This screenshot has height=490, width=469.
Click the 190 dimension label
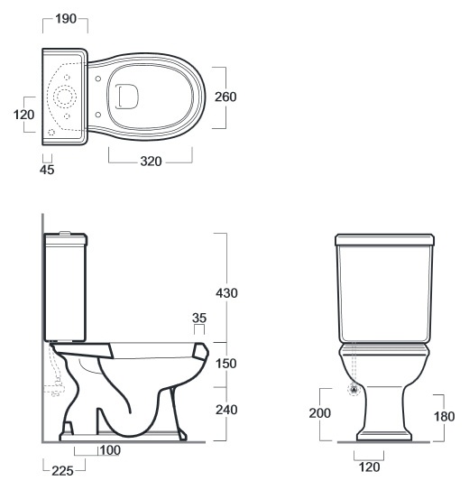tap(66, 19)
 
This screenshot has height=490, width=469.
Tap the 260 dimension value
tap(225, 97)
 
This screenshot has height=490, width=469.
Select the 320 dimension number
tap(151, 162)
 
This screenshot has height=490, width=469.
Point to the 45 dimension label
tap(47, 170)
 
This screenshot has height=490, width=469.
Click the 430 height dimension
tap(226, 293)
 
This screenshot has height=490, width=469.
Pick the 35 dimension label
tap(199, 318)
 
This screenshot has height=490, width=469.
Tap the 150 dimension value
tap(226, 364)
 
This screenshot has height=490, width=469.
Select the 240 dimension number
tap(226, 410)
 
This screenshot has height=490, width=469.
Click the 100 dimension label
tap(110, 450)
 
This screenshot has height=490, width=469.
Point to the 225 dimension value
tap(62, 471)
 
